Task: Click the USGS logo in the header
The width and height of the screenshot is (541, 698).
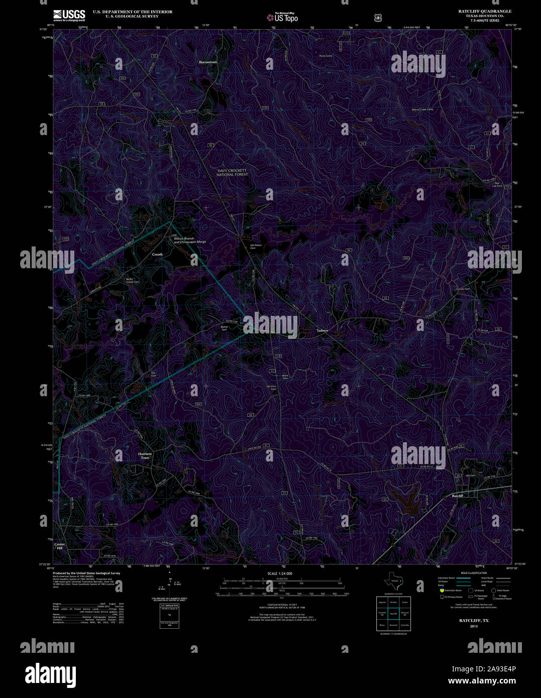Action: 69,15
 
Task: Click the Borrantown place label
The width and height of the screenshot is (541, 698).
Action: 208,62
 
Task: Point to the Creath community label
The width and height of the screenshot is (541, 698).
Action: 157,255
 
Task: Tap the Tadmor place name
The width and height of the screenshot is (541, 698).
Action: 322,330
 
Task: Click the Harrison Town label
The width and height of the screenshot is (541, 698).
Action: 145,455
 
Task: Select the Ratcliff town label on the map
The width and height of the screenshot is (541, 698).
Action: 457,496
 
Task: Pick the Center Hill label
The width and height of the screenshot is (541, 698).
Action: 60,546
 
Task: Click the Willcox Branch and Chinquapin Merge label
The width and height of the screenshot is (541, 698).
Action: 190,240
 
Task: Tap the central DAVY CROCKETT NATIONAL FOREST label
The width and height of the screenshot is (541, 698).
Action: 232,172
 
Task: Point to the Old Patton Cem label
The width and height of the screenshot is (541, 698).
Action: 256,247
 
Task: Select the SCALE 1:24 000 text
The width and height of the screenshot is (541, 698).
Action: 280,573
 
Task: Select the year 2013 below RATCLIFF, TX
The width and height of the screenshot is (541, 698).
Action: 474,626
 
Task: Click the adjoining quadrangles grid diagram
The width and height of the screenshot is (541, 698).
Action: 393,613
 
